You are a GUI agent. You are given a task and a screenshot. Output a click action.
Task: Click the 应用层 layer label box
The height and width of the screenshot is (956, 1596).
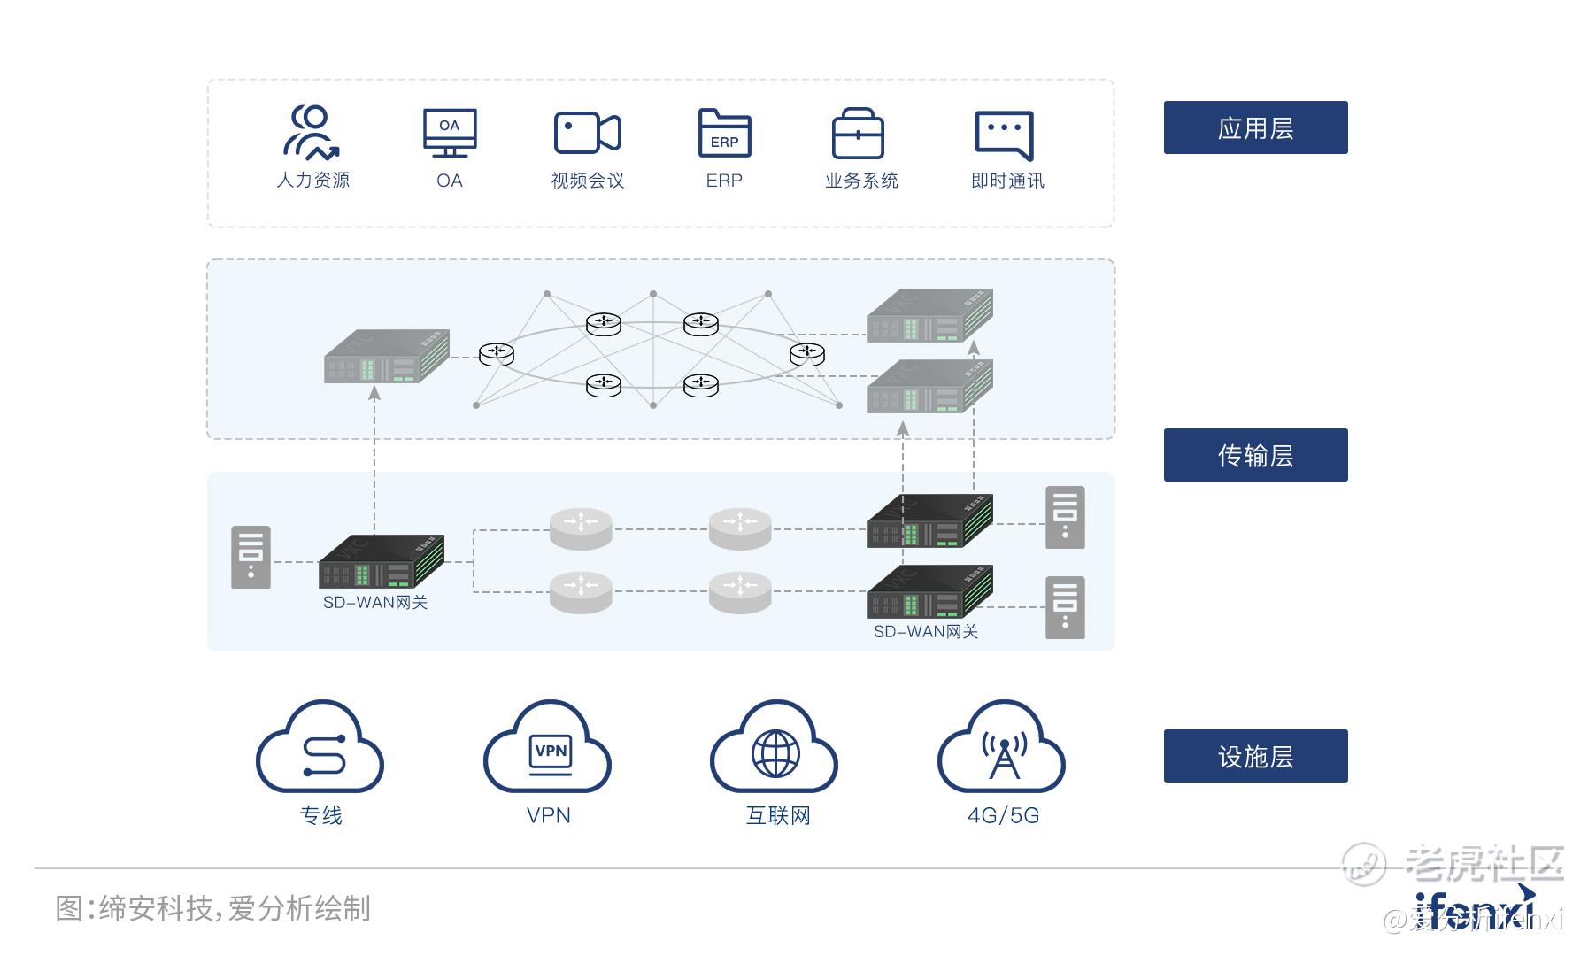[1255, 127]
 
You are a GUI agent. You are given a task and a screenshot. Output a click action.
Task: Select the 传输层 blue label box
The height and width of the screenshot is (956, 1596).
[1255, 455]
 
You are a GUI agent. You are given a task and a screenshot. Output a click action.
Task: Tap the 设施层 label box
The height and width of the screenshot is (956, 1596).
[1255, 756]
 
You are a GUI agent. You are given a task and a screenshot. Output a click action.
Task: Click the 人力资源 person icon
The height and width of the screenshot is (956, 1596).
[312, 132]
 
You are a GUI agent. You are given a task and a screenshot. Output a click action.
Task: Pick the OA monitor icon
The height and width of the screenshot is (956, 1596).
[450, 133]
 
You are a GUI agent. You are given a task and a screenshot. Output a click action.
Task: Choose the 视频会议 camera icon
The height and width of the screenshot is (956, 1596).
[587, 133]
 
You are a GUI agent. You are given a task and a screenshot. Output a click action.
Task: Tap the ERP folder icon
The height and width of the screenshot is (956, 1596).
[724, 133]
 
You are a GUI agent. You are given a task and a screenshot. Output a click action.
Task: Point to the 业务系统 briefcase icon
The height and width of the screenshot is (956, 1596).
[858, 134]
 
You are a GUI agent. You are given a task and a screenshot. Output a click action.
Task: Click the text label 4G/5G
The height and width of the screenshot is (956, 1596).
[1003, 815]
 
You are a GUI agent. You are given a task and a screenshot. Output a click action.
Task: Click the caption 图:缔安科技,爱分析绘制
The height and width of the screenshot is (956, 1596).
[213, 908]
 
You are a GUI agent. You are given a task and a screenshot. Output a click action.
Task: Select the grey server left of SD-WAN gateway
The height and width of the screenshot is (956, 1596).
[251, 558]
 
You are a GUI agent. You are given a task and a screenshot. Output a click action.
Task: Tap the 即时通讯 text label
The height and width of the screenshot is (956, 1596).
[1007, 181]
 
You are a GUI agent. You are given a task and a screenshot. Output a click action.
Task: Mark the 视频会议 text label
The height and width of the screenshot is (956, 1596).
[587, 181]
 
